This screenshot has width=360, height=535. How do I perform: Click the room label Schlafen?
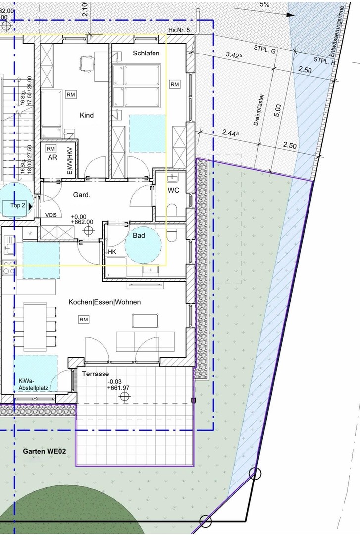coord(146,53)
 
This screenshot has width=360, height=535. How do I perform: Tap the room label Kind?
coord(87,115)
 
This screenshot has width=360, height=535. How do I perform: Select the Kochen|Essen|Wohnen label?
coord(104,302)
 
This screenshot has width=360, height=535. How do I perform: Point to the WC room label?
coord(173,190)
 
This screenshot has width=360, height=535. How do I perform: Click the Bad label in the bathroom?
coord(139,236)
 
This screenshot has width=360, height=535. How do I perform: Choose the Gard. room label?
coord(82,195)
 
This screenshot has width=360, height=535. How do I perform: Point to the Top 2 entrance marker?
coord(17,205)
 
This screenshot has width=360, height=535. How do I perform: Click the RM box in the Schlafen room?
coord(174,85)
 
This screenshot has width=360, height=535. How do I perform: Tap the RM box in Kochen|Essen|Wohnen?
coord(83,320)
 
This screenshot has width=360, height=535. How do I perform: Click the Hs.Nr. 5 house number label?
coord(178,30)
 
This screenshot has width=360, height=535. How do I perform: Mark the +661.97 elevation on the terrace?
coord(119,388)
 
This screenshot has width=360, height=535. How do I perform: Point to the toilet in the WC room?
coord(172,209)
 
